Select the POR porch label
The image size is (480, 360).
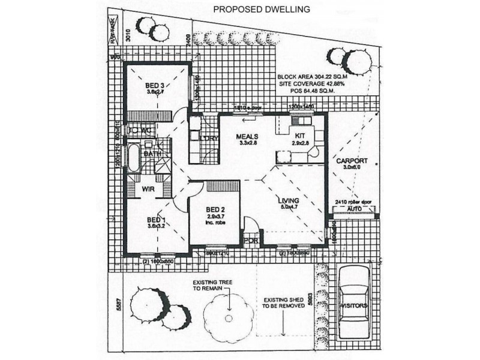(x=250, y=241)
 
